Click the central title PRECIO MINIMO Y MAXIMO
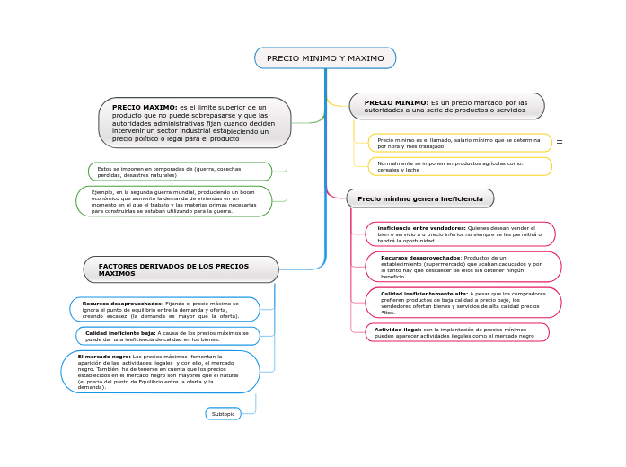coord(324,58)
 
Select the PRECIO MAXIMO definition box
coord(194,123)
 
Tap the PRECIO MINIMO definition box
coord(446,106)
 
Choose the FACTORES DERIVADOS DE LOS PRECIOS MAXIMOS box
coord(181,269)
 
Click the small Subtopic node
coord(223,414)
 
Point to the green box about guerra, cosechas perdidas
coord(180,172)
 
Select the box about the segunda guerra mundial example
coord(174,201)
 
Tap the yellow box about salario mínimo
coord(459,143)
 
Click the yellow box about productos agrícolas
coord(459,166)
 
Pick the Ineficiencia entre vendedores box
coord(460,234)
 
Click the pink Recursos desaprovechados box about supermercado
coord(463,267)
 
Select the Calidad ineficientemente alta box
coord(463,303)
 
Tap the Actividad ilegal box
coord(456,332)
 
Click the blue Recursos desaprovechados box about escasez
coord(164,310)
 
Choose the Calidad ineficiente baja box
coord(168,336)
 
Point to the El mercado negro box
coord(160,372)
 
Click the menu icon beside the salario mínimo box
coord(560,143)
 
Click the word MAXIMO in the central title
coord(366,58)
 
